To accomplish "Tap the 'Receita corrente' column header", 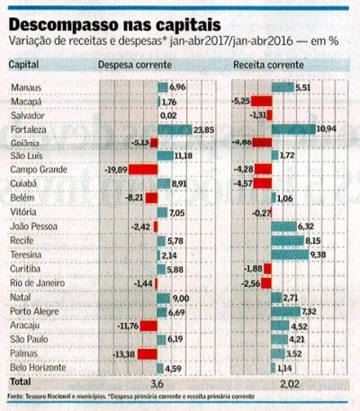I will point(267,65).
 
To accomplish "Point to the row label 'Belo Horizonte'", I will point(40,367).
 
